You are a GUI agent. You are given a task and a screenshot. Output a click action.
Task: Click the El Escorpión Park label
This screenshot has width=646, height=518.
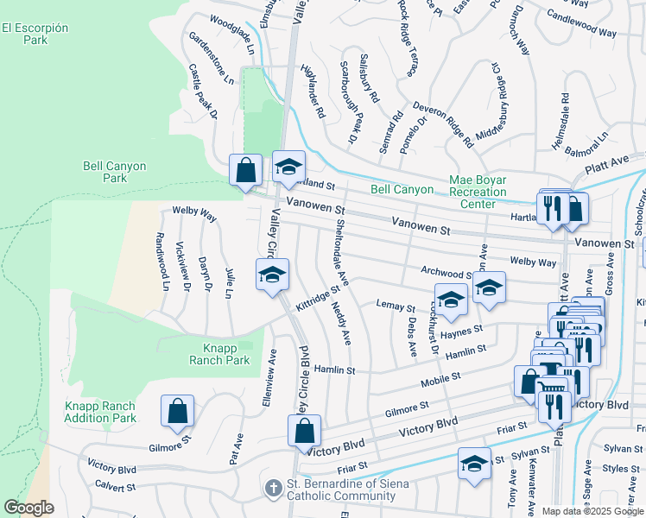click(x=35, y=34)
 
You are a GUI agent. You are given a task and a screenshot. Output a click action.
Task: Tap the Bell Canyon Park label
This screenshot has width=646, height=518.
click(x=114, y=172)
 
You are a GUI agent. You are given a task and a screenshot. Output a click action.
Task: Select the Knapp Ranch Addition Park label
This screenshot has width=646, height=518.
click(x=100, y=412)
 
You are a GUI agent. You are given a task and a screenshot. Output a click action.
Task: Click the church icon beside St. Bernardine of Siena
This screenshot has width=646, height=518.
click(x=272, y=489)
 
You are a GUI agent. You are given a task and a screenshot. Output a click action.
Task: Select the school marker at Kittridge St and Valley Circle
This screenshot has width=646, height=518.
click(x=272, y=276)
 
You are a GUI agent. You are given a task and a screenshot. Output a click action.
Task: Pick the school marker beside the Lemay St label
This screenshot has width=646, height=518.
click(x=451, y=300)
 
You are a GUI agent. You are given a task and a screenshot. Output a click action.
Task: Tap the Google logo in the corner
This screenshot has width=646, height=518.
click(x=28, y=508)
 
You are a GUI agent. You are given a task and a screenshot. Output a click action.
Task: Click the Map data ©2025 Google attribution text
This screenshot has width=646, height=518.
click(x=592, y=511)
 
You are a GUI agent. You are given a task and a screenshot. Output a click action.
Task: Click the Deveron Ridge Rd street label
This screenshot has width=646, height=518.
click(x=443, y=123)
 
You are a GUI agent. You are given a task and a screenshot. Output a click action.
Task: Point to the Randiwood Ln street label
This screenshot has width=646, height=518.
click(x=160, y=261)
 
